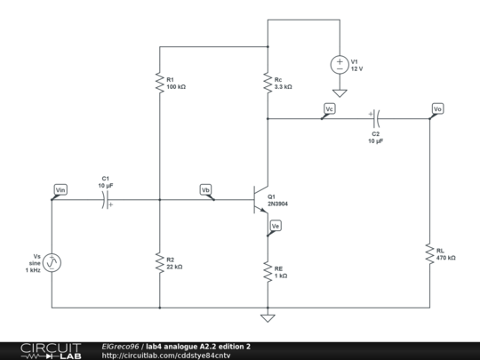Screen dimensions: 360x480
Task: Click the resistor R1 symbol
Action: pos(160,83)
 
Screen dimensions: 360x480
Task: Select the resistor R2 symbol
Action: pos(160,262)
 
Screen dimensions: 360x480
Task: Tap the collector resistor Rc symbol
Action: pos(267,83)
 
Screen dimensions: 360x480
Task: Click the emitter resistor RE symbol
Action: pos(267,271)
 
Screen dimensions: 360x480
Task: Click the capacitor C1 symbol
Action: pos(106,201)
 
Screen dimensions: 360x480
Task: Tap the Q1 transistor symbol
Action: pos(261,200)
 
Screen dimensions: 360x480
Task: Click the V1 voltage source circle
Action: pos(339,65)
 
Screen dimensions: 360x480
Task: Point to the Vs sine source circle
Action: pos(52,262)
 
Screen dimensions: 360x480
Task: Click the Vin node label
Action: pos(60,189)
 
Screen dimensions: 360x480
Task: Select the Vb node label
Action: pos(205,189)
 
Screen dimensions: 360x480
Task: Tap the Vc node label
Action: pos(329,108)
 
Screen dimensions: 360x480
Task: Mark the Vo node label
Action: pos(436,108)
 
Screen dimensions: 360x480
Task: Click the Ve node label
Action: pos(276,227)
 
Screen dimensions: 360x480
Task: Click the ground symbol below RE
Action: pos(267,317)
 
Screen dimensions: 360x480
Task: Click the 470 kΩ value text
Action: pos(446,258)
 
